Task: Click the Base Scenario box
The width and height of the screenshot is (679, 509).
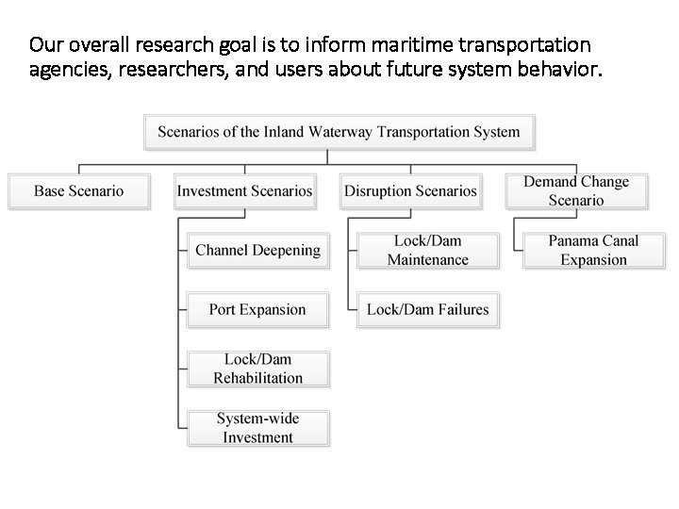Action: tap(79, 191)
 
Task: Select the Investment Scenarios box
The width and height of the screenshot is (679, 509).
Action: tap(244, 191)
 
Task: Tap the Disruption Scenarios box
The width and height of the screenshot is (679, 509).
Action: tap(410, 191)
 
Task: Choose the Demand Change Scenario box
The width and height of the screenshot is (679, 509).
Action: tap(576, 190)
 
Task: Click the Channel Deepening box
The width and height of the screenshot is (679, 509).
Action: tap(257, 251)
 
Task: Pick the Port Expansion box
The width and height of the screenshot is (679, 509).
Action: tap(257, 309)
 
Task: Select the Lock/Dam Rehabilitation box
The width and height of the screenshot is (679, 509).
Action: tap(257, 369)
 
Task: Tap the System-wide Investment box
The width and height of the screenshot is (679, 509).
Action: tap(257, 428)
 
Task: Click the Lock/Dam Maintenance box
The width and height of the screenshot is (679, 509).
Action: tap(427, 251)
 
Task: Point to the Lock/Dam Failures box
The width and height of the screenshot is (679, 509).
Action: tap(427, 309)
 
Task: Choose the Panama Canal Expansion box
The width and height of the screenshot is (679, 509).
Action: tap(593, 251)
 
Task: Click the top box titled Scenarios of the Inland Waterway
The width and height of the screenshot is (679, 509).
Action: tap(339, 132)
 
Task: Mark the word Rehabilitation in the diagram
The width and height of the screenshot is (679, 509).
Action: tap(257, 378)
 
